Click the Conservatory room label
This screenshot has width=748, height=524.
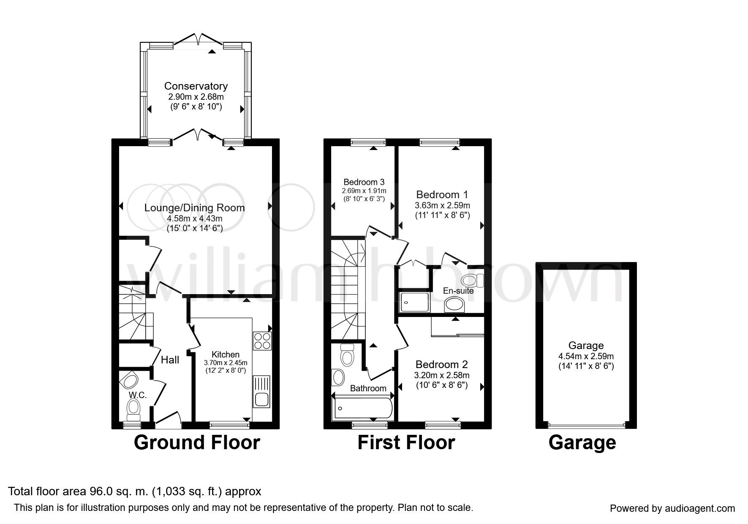(x=196, y=86)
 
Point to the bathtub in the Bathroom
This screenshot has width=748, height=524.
(x=363, y=408)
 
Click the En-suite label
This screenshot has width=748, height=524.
(x=458, y=291)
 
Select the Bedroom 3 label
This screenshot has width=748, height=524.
(x=364, y=182)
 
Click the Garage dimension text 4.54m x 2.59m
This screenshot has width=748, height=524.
(x=586, y=356)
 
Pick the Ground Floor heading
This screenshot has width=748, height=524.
(x=197, y=442)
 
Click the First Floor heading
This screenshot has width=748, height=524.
(x=406, y=442)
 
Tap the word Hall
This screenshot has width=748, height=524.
(x=170, y=360)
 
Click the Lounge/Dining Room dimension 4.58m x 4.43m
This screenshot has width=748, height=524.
(x=195, y=218)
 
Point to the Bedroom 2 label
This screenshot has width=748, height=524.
(x=441, y=364)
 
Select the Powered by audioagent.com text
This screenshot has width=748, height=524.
(x=672, y=508)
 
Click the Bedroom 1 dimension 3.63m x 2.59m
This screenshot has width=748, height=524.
(x=442, y=205)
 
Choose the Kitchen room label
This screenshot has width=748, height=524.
(x=226, y=355)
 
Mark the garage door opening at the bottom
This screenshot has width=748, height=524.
(x=586, y=426)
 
